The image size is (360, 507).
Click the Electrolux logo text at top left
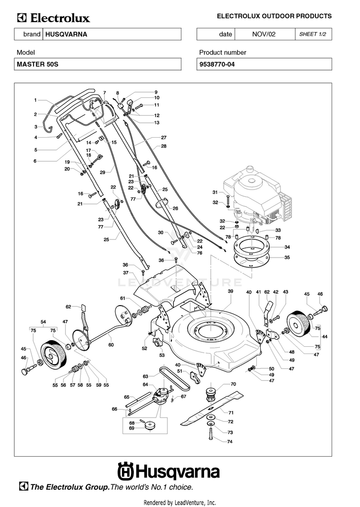click(x=54, y=18)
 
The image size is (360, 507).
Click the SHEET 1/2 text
click(x=312, y=34)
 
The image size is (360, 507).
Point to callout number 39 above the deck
click(x=230, y=291)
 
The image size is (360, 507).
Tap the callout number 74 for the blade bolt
click(x=230, y=441)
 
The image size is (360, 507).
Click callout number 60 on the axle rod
click(x=111, y=345)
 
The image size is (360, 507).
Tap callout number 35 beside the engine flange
click(x=288, y=258)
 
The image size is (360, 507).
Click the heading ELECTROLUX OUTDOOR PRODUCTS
click(x=274, y=16)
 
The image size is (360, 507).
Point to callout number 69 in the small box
click(x=132, y=428)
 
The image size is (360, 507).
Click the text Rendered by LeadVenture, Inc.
click(x=180, y=502)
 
